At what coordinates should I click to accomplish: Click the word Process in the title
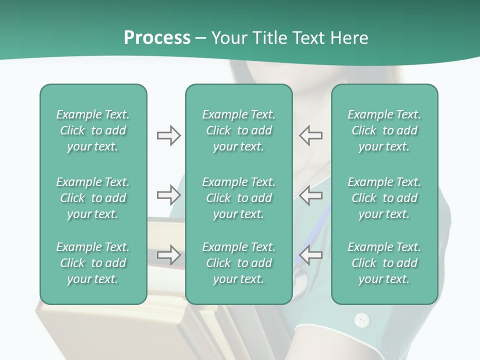pos(157,38)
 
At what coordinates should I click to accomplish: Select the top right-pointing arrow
pos(168,135)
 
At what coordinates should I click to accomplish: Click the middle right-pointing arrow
pos(168,195)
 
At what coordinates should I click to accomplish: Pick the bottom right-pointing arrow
pos(168,255)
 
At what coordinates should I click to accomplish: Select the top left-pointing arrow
pos(311,135)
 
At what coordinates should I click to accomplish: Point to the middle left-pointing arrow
pos(311,195)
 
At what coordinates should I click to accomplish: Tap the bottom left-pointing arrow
pos(311,255)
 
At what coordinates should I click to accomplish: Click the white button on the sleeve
pos(362,319)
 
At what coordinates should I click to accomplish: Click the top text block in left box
pos(93,130)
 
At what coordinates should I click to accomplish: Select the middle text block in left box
pos(93,198)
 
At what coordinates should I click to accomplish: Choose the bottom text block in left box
pos(93,263)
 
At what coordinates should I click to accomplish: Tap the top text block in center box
pos(239,130)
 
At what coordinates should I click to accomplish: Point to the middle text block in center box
pos(239,198)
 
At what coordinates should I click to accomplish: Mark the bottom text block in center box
pos(239,263)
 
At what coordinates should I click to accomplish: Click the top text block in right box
pos(384,130)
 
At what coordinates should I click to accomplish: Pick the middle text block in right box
pos(384,198)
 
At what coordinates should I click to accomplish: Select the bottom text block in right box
pos(384,263)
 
